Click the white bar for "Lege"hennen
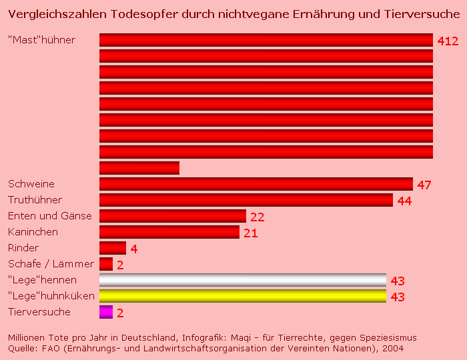(243, 280)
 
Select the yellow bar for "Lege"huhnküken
(243, 296)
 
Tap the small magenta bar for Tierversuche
(106, 312)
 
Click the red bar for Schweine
(256, 184)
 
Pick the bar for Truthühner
(246, 200)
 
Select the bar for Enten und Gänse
(173, 216)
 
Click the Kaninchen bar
(169, 232)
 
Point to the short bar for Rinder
(113, 248)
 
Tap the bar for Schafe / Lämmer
(106, 264)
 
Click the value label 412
(448, 41)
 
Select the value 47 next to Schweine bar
(424, 185)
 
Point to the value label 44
(404, 201)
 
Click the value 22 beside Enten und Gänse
(258, 217)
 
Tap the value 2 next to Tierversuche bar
(121, 313)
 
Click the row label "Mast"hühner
(41, 40)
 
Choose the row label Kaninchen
(33, 232)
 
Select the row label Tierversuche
(39, 312)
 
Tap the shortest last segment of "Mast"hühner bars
(139, 168)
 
